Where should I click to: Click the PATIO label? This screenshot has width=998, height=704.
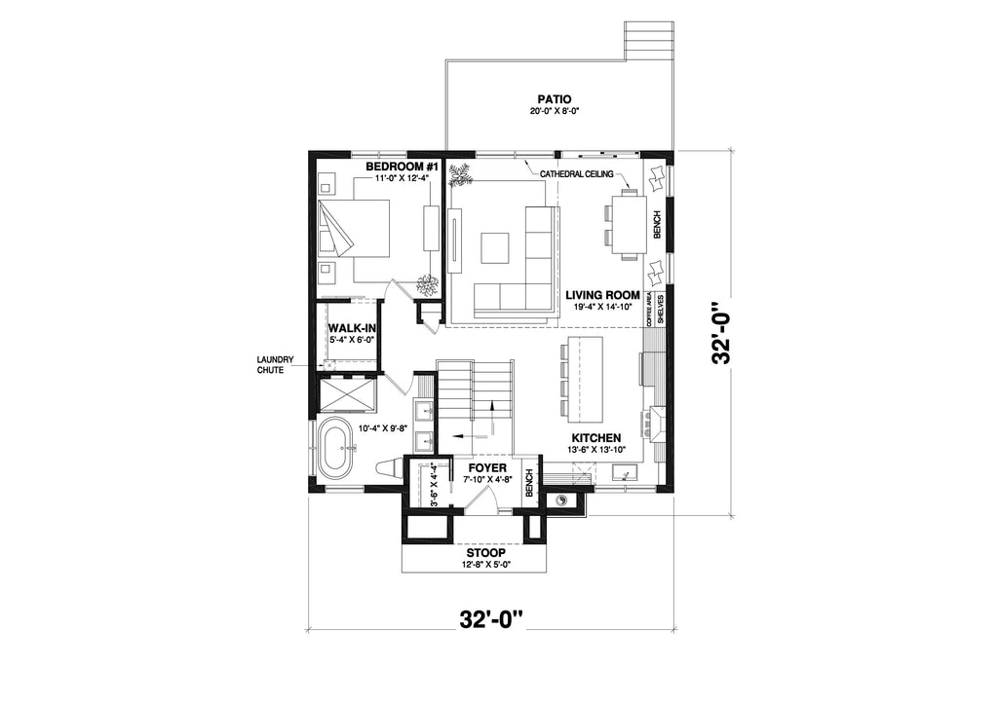pyautogui.click(x=554, y=99)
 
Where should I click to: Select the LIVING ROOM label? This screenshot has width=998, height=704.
pyautogui.click(x=602, y=295)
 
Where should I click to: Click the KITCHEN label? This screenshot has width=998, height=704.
pyautogui.click(x=596, y=437)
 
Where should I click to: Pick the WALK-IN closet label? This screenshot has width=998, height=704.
pyautogui.click(x=351, y=328)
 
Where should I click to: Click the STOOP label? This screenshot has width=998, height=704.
pyautogui.click(x=490, y=554)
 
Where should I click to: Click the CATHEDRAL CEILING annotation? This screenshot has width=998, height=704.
pyautogui.click(x=577, y=174)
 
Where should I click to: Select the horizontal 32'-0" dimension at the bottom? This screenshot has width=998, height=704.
pyautogui.click(x=491, y=619)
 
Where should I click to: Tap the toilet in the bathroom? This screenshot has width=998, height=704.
pyautogui.click(x=389, y=468)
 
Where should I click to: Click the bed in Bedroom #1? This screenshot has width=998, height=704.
pyautogui.click(x=353, y=228)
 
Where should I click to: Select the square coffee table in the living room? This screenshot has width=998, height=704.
pyautogui.click(x=494, y=248)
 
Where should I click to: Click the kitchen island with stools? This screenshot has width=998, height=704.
pyautogui.click(x=585, y=378)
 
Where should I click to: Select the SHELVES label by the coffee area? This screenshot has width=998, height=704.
pyautogui.click(x=660, y=310)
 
